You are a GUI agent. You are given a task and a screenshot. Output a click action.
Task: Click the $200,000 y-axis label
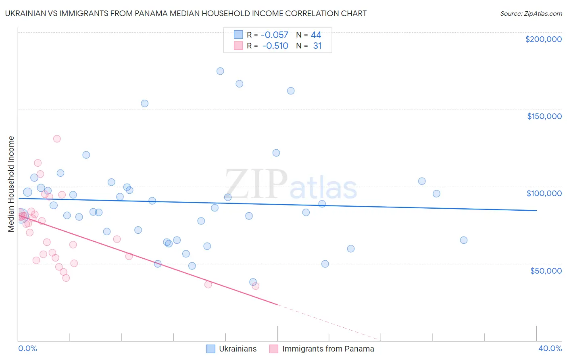[x=543, y=39]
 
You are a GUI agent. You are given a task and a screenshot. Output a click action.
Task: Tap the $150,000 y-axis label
[x=544, y=116]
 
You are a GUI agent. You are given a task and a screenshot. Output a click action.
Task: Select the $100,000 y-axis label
[x=544, y=193]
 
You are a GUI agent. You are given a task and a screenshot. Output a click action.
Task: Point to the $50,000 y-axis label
[x=546, y=270]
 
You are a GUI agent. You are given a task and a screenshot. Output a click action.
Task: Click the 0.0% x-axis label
[x=27, y=349]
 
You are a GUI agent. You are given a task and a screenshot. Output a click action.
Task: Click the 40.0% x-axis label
[x=550, y=349]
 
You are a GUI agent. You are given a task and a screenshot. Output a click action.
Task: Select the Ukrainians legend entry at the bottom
[x=231, y=349]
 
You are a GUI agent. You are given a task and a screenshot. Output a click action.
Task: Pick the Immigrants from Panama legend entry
[x=321, y=349]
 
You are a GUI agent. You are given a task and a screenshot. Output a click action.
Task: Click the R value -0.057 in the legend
[x=274, y=35]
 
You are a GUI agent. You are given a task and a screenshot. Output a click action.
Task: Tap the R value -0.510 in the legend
[x=275, y=46]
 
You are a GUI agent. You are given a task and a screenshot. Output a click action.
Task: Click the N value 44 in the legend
[x=316, y=35]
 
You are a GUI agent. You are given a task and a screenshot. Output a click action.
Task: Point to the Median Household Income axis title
[x=11, y=184]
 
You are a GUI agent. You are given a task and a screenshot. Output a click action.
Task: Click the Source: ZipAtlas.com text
[x=531, y=13]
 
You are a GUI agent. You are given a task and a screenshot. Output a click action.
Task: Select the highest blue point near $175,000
[x=220, y=71]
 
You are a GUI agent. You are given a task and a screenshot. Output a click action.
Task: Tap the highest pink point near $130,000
[x=57, y=139]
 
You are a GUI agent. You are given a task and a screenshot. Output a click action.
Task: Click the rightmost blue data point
[x=464, y=240]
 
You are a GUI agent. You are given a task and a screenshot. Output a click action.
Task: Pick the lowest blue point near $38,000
[x=253, y=282]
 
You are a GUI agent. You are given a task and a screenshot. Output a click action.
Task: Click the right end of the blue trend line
[x=536, y=210]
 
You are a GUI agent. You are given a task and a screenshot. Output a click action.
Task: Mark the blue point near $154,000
[x=144, y=103]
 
